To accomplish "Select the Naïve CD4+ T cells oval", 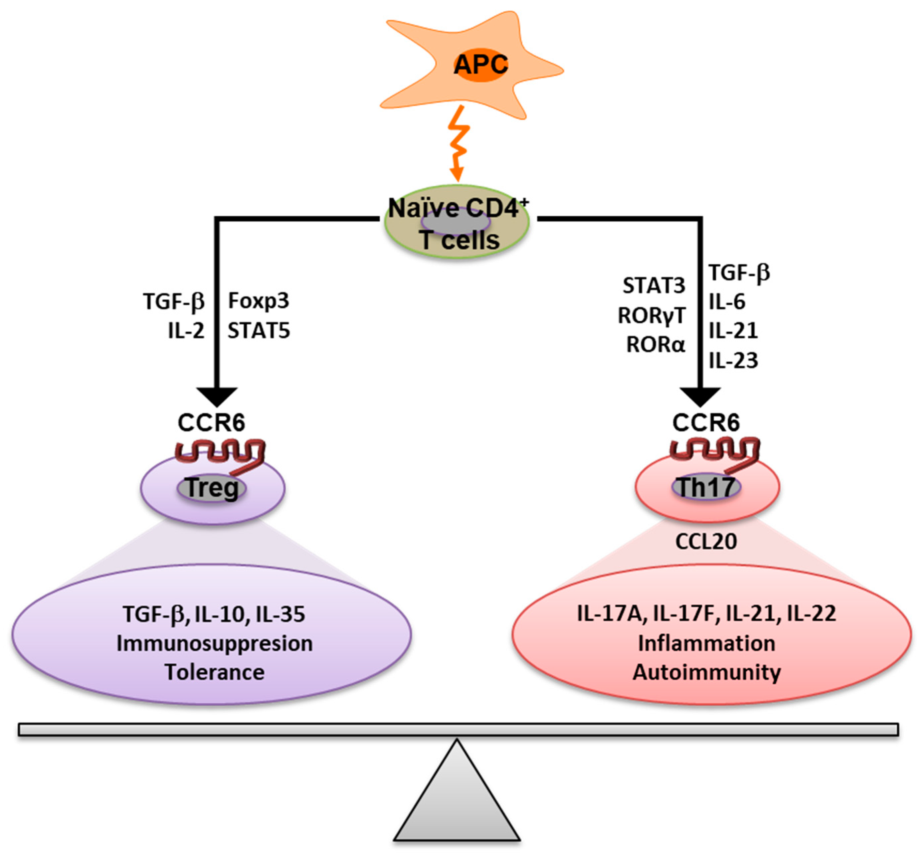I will point(457,222).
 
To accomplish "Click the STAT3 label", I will point(654,286).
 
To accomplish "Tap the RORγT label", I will point(651,316).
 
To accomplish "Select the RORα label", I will point(655,345).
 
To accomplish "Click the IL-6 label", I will point(727,302).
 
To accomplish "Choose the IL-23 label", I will point(734,360).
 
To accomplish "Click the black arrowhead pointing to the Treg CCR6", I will point(217,397).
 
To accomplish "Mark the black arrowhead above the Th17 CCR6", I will point(700,397).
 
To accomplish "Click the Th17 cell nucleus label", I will point(706,487).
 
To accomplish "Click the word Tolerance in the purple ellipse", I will point(215,672).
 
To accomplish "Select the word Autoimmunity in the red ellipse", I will point(706,672).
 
